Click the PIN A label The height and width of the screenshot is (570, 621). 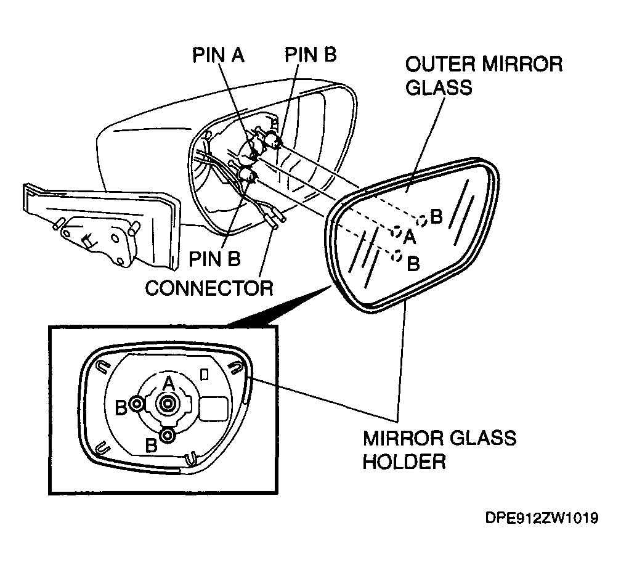(x=218, y=55)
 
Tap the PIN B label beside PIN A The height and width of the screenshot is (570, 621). (x=310, y=54)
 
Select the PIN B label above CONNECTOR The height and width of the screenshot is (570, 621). (x=214, y=259)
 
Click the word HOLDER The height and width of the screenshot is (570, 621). (x=404, y=462)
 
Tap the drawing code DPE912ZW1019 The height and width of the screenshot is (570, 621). (x=542, y=518)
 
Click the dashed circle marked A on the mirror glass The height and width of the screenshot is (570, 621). (x=396, y=232)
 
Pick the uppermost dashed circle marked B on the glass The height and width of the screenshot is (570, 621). (x=422, y=221)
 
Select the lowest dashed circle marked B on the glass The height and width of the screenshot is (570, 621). (x=397, y=256)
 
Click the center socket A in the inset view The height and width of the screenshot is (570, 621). (x=168, y=404)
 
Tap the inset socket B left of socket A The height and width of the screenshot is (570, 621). (x=137, y=404)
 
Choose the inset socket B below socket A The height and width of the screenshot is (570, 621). (x=168, y=435)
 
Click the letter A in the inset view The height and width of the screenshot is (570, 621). (x=169, y=383)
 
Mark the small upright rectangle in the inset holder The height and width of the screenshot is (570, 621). (x=205, y=374)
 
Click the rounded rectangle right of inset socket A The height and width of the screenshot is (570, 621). (x=213, y=409)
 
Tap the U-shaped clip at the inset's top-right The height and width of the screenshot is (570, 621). (x=235, y=368)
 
